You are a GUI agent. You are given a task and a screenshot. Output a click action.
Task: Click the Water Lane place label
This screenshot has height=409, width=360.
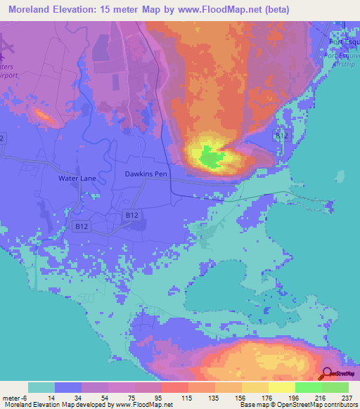click(x=77, y=178)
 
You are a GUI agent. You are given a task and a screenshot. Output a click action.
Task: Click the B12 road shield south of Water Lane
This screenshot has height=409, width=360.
click(x=82, y=226)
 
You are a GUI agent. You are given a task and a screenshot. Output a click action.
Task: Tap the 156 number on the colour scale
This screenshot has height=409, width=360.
click(x=241, y=397)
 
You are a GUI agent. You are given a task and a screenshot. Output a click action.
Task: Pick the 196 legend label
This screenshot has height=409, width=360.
click(x=295, y=397)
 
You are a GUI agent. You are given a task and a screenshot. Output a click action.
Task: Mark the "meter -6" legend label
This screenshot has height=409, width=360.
click(x=15, y=397)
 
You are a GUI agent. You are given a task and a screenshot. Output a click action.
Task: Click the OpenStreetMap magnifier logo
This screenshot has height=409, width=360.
click(x=327, y=375)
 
